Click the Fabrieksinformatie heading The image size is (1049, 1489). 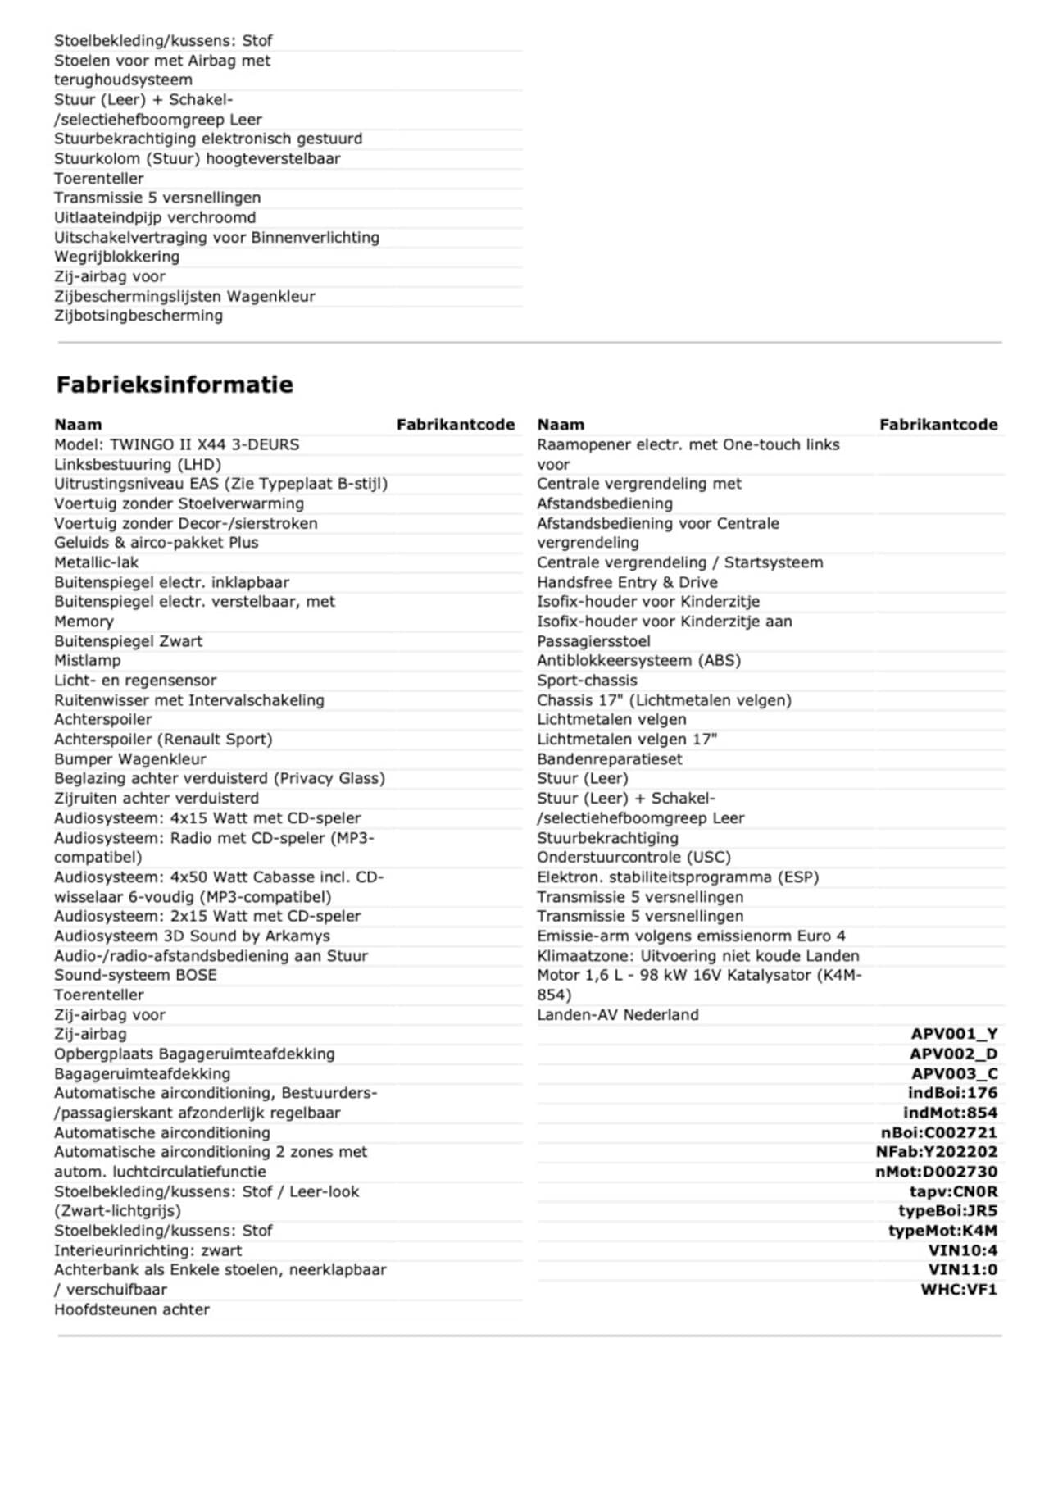click(174, 385)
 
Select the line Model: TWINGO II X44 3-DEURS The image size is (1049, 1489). click(176, 444)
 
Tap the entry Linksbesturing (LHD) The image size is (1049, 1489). click(137, 464)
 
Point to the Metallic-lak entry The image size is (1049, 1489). click(96, 562)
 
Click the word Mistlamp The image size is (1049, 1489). click(87, 661)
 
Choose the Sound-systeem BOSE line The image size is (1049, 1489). click(135, 975)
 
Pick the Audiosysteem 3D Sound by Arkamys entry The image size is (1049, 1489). click(192, 936)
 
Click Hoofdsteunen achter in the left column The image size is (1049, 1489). click(131, 1309)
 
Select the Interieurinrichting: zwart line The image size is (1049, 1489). click(148, 1250)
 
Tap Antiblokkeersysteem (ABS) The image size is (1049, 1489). click(638, 661)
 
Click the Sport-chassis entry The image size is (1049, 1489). click(587, 681)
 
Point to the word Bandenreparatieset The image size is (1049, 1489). click(609, 759)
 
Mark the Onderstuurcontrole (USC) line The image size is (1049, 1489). click(633, 857)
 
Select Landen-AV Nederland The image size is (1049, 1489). click(618, 1014)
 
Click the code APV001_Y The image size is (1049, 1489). click(954, 1034)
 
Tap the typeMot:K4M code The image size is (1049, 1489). click(942, 1231)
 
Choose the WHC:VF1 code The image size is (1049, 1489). click(959, 1290)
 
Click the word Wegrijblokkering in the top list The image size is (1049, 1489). click(116, 257)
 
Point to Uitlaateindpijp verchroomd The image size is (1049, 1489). click(155, 217)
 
